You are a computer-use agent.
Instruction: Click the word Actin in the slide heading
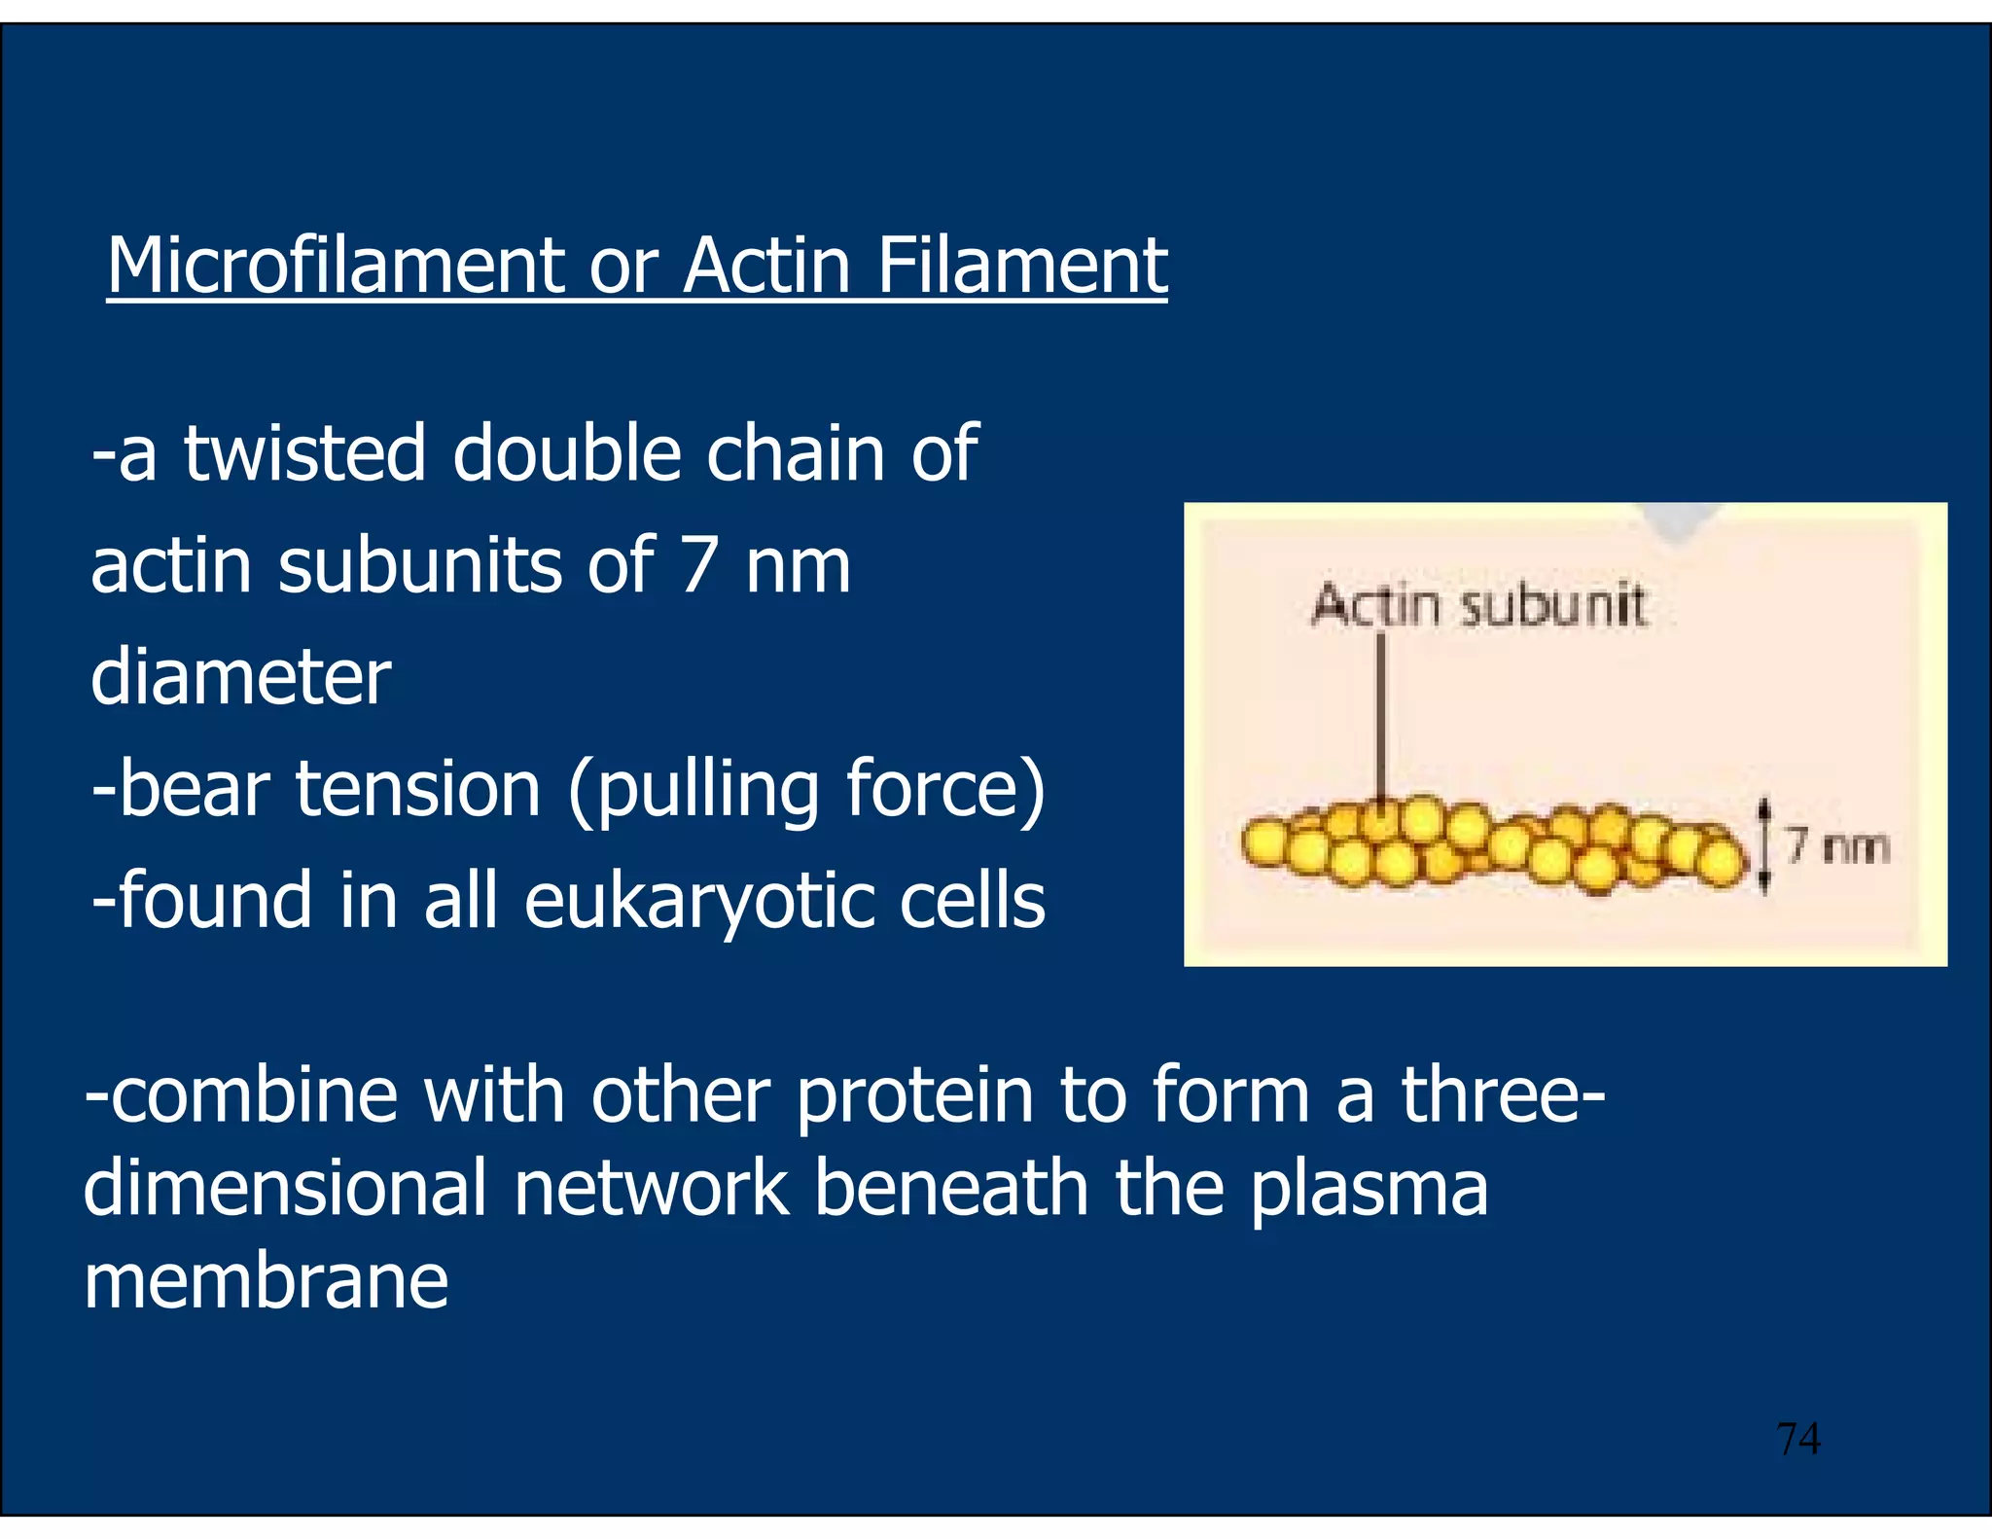click(x=766, y=266)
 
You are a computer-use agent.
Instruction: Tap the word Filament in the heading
click(x=1021, y=266)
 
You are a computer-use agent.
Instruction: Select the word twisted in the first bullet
click(x=304, y=453)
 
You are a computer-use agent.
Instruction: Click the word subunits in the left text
click(x=419, y=565)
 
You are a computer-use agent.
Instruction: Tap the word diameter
click(x=240, y=677)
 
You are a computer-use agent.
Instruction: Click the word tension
click(x=417, y=789)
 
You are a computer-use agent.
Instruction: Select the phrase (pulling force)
click(x=806, y=791)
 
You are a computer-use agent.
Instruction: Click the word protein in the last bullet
click(x=914, y=1097)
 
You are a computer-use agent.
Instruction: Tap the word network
click(x=651, y=1189)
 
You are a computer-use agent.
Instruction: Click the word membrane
click(x=266, y=1281)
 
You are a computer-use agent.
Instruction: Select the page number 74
click(x=1797, y=1438)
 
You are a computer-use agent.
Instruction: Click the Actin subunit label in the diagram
click(x=1477, y=605)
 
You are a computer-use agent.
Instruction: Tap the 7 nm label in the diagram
click(x=1837, y=846)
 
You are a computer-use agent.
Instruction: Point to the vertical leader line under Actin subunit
click(x=1380, y=720)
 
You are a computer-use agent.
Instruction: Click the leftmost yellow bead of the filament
click(x=1265, y=842)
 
